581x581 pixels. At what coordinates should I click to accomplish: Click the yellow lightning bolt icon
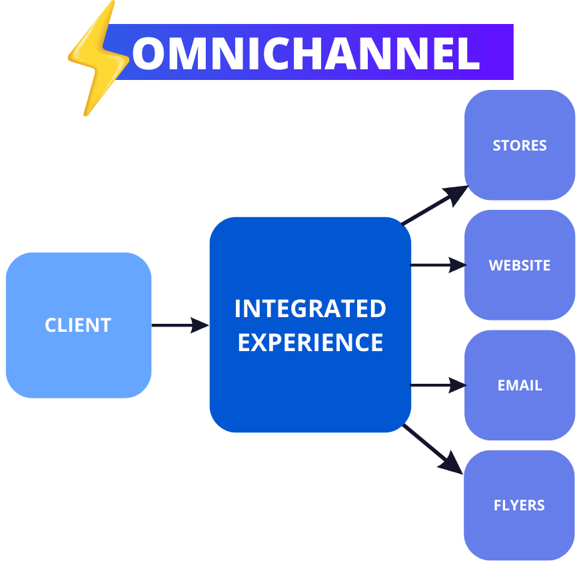98,59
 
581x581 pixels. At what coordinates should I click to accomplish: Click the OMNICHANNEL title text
306,53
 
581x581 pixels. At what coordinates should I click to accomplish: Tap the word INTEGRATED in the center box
310,308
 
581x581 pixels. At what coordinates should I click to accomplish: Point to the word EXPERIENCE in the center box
310,342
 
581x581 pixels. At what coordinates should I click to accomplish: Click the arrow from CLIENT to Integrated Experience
180,325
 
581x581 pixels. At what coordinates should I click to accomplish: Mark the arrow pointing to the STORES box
436,205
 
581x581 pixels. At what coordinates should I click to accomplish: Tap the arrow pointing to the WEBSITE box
438,265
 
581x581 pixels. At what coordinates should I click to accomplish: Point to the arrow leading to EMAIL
438,384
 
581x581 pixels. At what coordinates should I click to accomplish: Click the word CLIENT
78,325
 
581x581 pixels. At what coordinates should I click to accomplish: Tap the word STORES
520,145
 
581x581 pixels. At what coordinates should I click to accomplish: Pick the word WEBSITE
520,265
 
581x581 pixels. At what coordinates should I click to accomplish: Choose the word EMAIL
520,385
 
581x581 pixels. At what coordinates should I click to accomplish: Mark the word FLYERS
519,505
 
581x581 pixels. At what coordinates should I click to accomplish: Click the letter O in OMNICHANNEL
147,53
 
